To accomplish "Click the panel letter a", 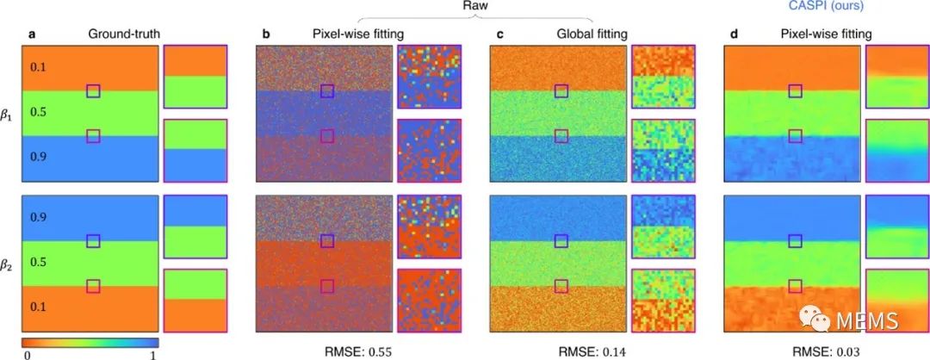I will pyautogui.click(x=26, y=34).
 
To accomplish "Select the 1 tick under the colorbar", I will pyautogui.click(x=153, y=354).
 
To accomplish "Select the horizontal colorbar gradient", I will pyautogui.click(x=90, y=343).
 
